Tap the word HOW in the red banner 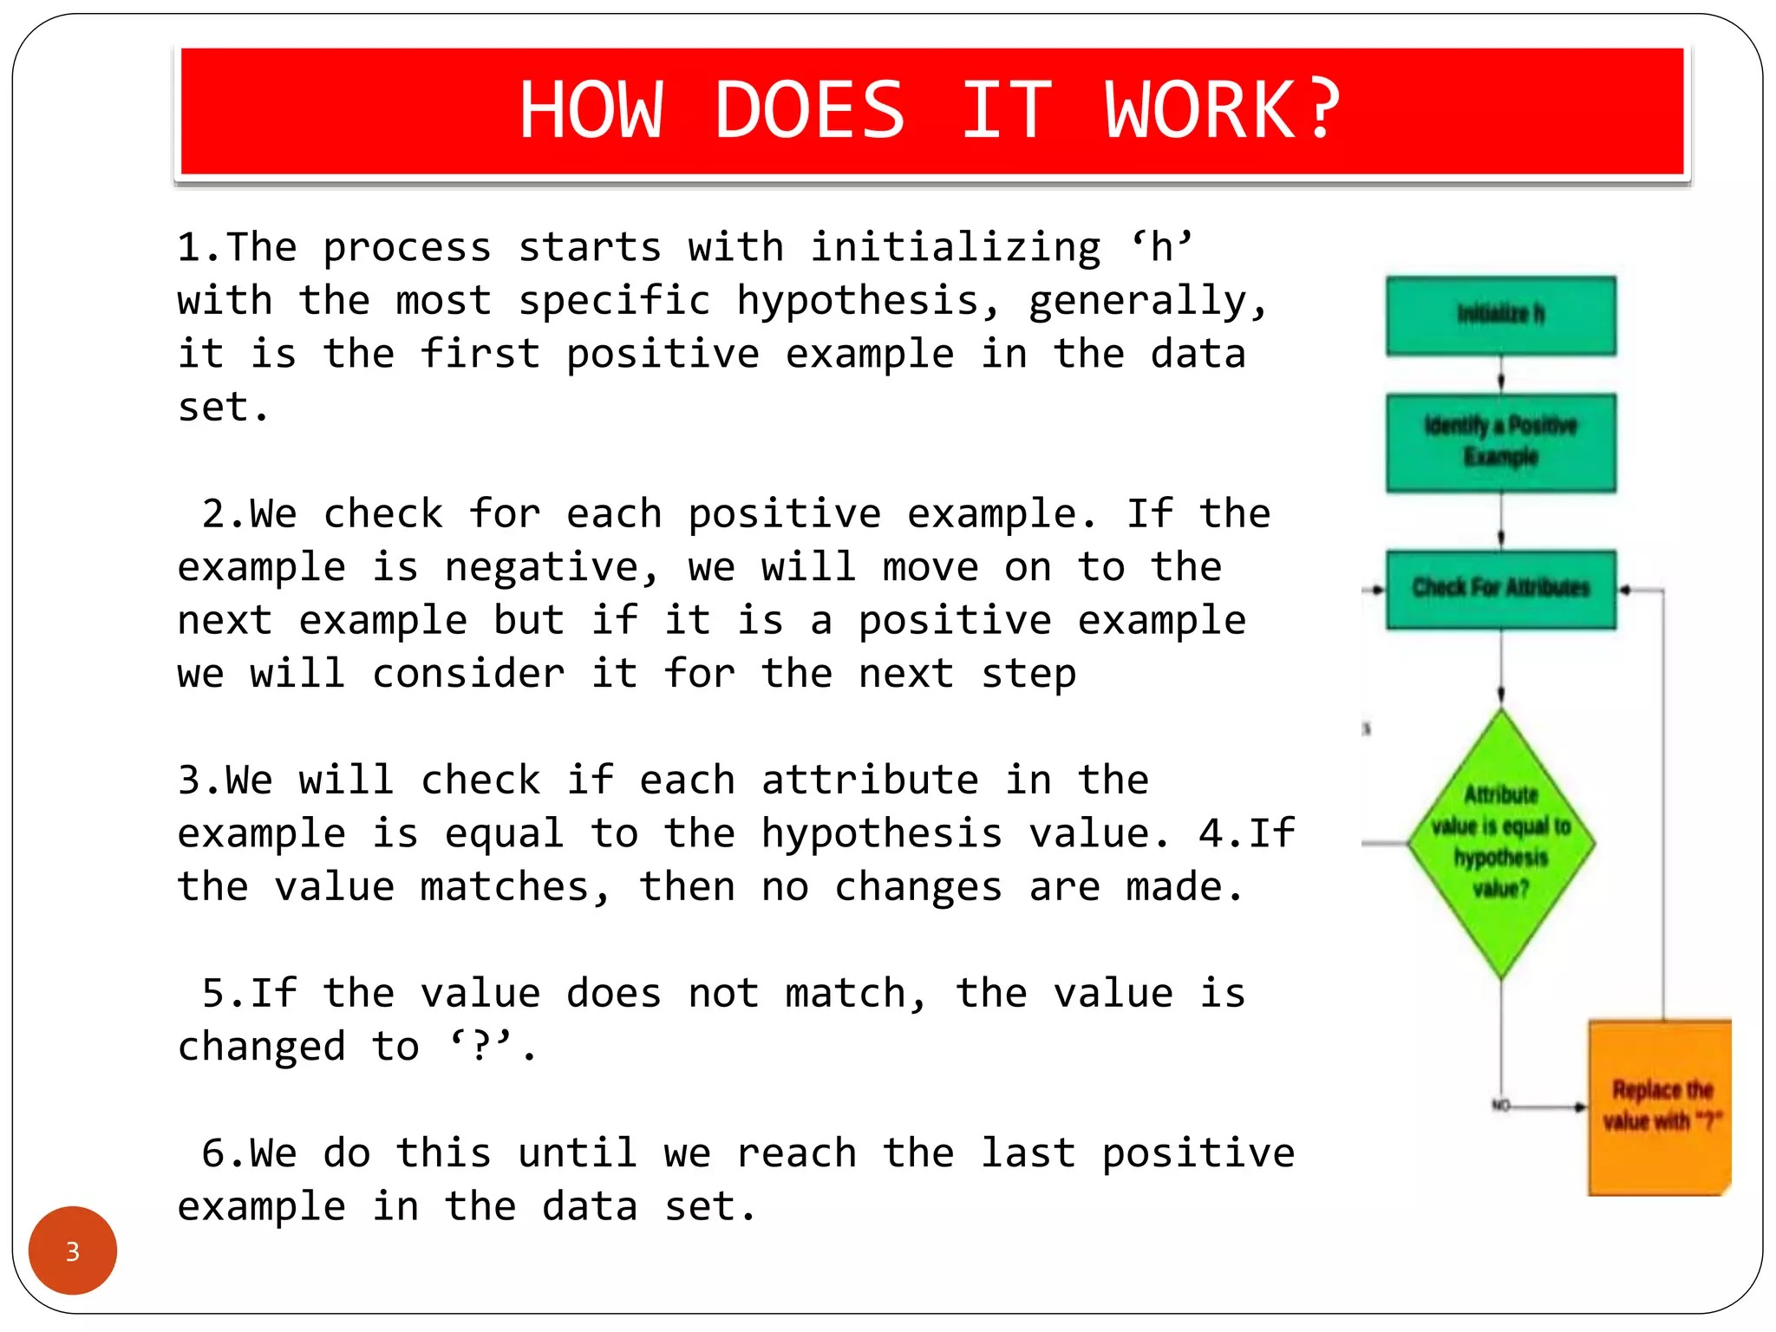(591, 110)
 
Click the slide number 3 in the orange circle (73, 1251)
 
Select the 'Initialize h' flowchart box (1500, 315)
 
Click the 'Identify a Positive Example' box (1500, 442)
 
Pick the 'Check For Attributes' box (1500, 589)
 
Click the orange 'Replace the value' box (1659, 1107)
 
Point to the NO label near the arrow (1501, 1106)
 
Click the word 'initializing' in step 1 (955, 248)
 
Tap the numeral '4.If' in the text (1246, 834)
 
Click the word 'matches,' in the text (515, 887)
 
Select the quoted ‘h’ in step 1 (1162, 248)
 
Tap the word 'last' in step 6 (1028, 1153)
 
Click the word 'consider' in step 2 (468, 674)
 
